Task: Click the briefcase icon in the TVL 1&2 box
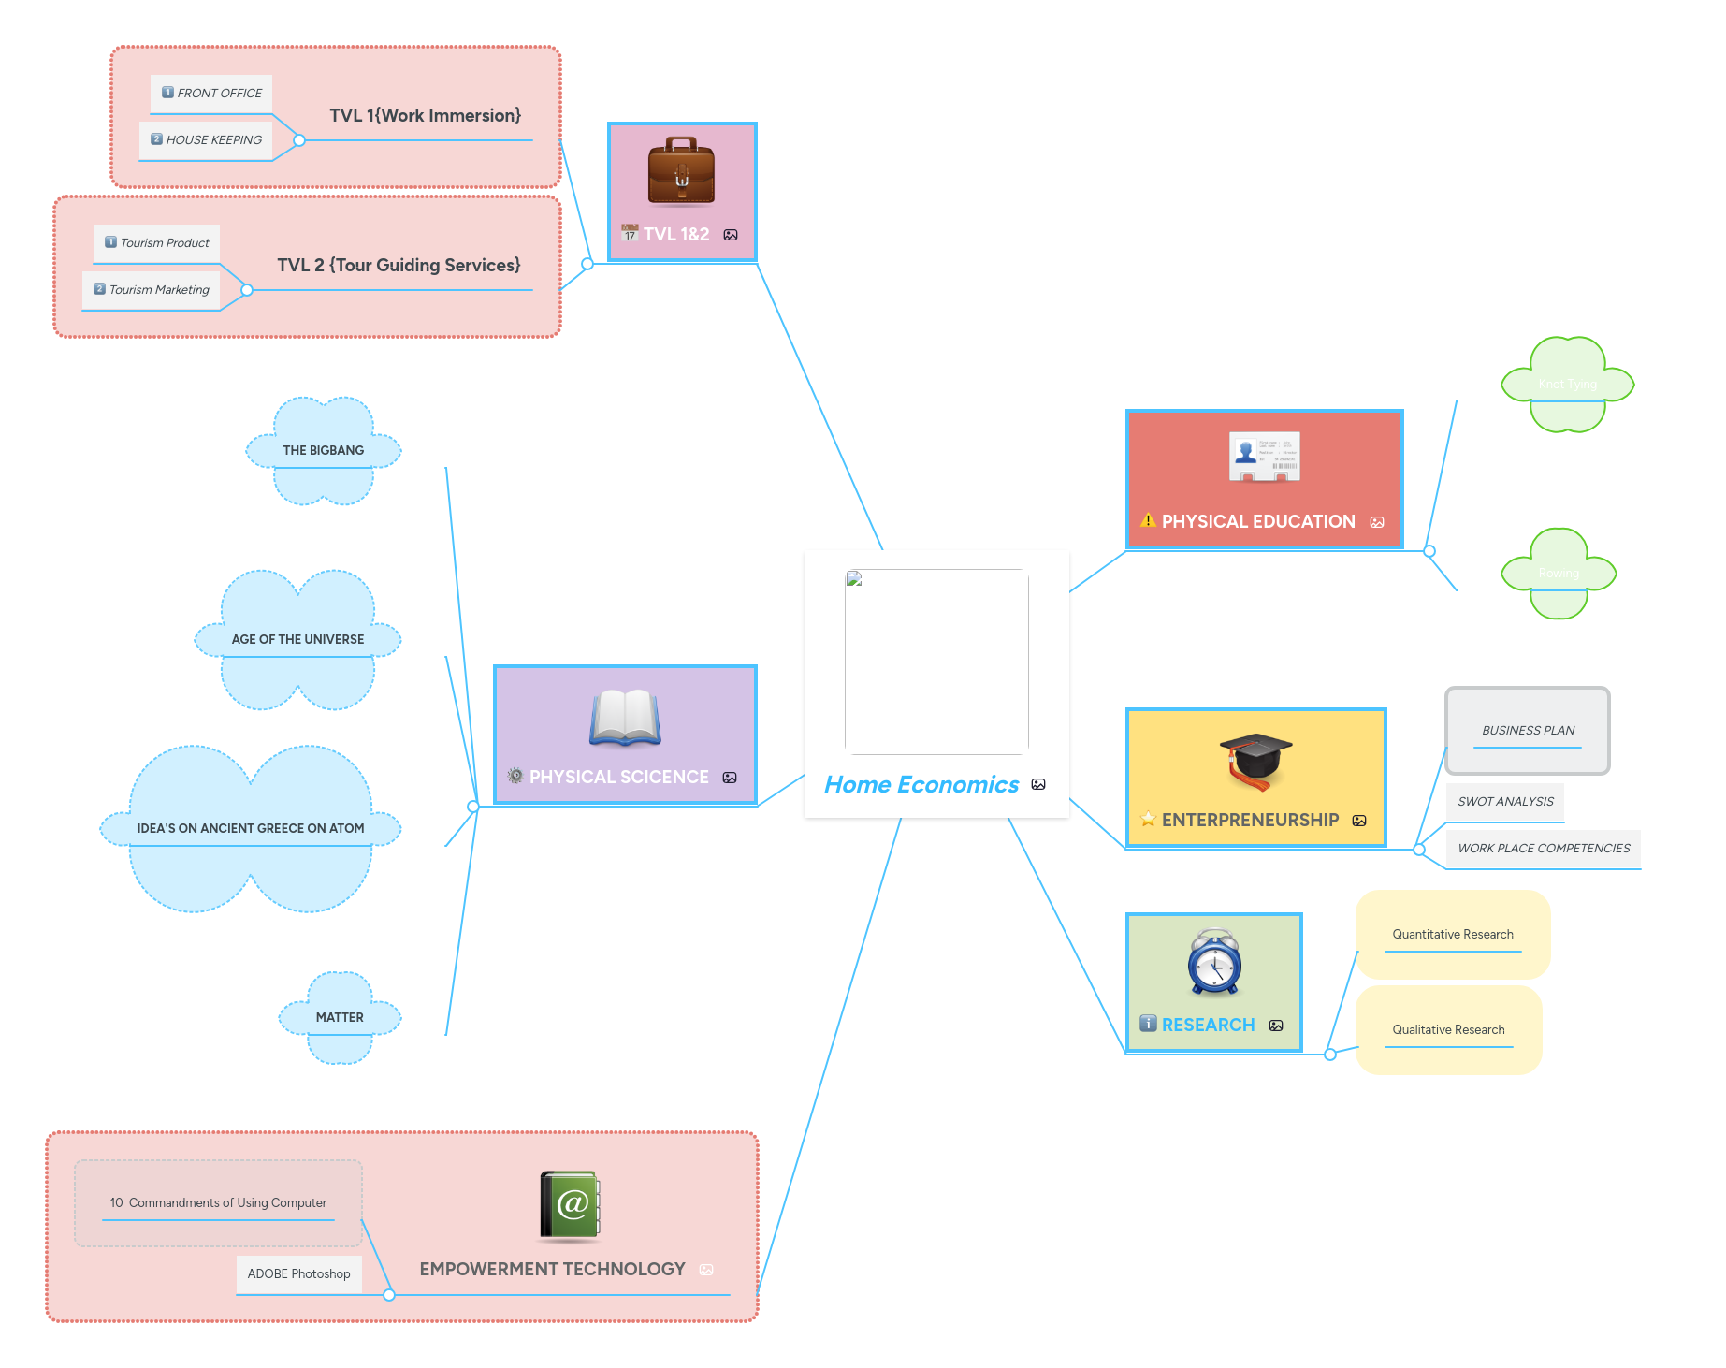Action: pos(681,171)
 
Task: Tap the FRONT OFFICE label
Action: pos(219,94)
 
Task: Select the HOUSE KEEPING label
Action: pos(213,140)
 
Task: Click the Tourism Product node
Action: pos(165,243)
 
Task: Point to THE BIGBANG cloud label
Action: pos(324,451)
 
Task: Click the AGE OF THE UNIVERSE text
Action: pos(297,640)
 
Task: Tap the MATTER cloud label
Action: pos(340,1018)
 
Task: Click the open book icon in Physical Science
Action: pos(625,718)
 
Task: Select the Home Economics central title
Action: pos(921,785)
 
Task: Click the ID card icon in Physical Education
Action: pos(1264,457)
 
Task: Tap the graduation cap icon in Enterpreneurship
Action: pos(1255,761)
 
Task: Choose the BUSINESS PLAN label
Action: pos(1528,731)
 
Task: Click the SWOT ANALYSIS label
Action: pos(1505,802)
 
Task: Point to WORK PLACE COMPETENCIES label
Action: pos(1544,849)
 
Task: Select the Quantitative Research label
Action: pos(1452,935)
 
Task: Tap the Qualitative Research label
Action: pos(1448,1030)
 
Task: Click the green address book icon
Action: pos(570,1205)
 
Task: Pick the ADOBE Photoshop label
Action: pos(298,1274)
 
